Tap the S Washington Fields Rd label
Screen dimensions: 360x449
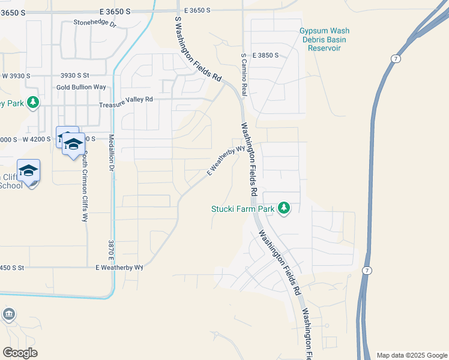click(x=198, y=49)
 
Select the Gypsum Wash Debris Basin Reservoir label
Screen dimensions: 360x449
click(x=324, y=39)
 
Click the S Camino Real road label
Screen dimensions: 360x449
click(x=244, y=74)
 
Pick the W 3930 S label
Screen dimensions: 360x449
click(x=16, y=76)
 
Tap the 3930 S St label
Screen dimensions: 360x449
click(x=74, y=76)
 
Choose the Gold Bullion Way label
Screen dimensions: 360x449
click(x=81, y=87)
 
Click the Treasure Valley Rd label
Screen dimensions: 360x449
click(x=126, y=99)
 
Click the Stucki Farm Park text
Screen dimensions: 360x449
click(x=243, y=209)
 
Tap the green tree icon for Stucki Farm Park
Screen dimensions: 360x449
click(x=284, y=209)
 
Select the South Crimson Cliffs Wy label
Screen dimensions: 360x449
click(x=85, y=186)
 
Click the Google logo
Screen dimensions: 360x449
click(x=20, y=353)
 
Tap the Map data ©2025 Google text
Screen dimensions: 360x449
click(x=411, y=355)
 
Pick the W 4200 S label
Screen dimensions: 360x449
click(x=34, y=139)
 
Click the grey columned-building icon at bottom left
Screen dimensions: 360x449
click(x=9, y=314)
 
